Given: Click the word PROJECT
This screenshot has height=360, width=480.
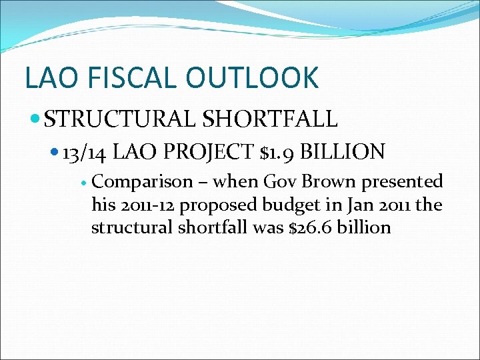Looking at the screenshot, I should tap(209, 153).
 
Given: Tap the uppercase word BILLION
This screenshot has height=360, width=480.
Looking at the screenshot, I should tap(343, 153).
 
